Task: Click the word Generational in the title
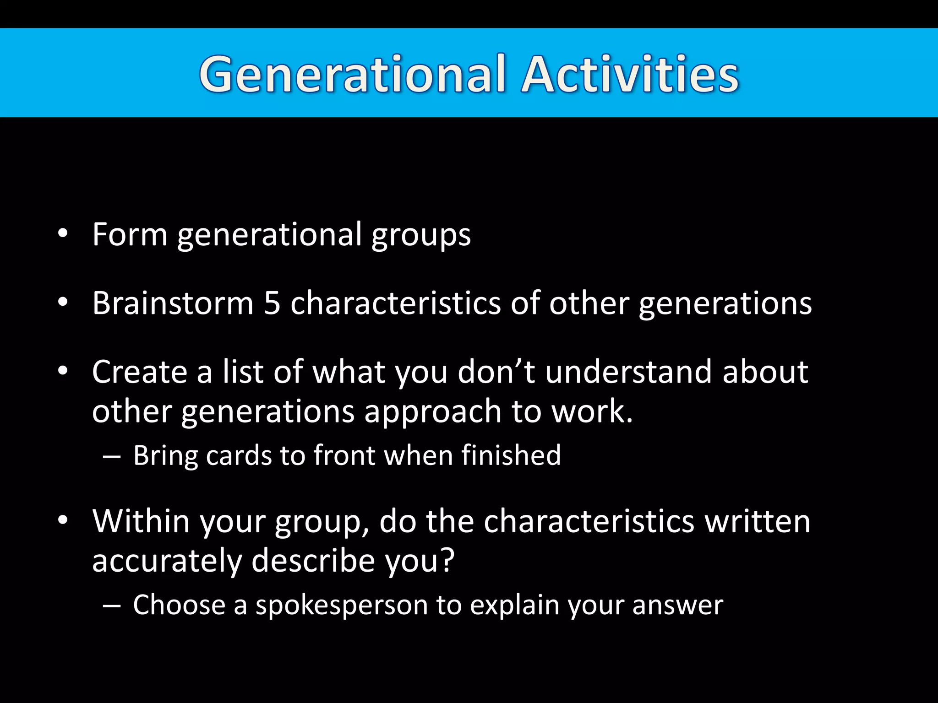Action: click(353, 74)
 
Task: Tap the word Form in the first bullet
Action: click(130, 235)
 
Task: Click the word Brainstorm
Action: click(173, 303)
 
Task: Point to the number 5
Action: click(272, 303)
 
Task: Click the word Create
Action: click(139, 372)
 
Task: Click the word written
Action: click(758, 521)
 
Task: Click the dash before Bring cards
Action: click(112, 457)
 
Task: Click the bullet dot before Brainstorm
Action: click(63, 303)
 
